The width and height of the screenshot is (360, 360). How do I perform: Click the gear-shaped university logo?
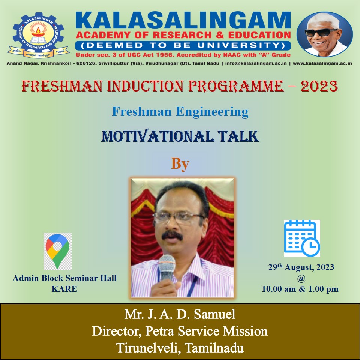coord(38,35)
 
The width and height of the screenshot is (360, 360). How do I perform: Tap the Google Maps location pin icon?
coord(57,251)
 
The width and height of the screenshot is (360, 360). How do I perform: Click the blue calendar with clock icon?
coord(302,238)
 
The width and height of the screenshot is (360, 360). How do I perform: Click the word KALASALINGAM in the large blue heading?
coord(183,21)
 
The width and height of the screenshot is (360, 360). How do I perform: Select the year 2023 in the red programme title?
coord(319,86)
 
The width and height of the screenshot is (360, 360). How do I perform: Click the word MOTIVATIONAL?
coord(157,136)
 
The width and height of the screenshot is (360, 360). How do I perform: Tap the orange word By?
coord(180,164)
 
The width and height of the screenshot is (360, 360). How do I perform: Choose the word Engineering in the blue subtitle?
coord(212,112)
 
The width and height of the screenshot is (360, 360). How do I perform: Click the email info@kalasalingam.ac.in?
coord(256,63)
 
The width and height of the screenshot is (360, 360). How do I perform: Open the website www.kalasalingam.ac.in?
coord(322,63)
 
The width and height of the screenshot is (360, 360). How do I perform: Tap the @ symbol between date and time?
coord(301,278)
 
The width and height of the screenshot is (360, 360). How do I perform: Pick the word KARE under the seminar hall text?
coord(64,289)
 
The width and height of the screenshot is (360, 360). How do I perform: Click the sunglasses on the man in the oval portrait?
coord(321,32)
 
